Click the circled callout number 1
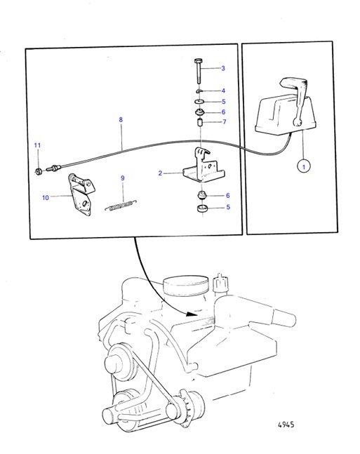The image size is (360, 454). pos(304,167)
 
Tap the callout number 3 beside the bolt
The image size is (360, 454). pos(223,68)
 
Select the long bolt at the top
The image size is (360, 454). pos(197,72)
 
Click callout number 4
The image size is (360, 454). pos(223,91)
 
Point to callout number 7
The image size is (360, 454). pos(224,121)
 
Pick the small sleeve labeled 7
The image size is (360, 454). pos(200,122)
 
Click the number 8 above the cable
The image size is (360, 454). pos(121,119)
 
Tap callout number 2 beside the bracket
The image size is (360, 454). pos(160,173)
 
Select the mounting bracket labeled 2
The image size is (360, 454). pos(204,166)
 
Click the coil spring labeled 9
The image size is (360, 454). pos(121,205)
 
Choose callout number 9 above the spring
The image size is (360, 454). pos(123,178)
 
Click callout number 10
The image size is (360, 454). pos(46,197)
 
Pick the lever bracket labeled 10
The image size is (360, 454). pos(80,194)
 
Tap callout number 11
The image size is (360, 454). pos(37,145)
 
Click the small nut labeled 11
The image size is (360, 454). pos(38,171)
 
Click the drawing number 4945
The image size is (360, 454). pos(286,425)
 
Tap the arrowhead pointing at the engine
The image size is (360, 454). pos(191,314)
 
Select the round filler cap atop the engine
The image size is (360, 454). pos(186,286)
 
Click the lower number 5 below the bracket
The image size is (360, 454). pos(228,207)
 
